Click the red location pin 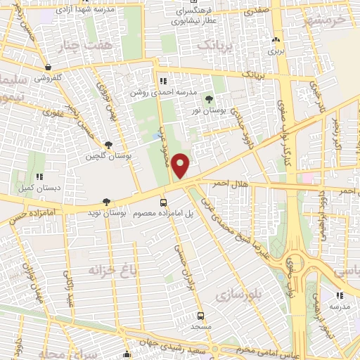pos(182,165)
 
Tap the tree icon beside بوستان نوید pos(106,201)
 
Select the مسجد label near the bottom pos(200,328)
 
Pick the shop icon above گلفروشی pos(46,67)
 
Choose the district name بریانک pos(214,45)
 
